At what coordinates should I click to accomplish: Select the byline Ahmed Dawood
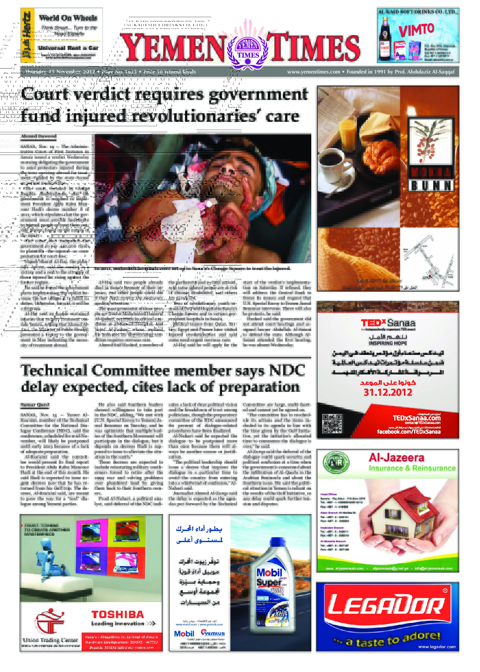pyautogui.click(x=38, y=136)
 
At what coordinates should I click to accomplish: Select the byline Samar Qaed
pyautogui.click(x=35, y=404)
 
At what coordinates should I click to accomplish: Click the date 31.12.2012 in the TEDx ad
pyautogui.click(x=388, y=392)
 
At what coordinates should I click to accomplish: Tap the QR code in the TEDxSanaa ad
pyautogui.click(x=332, y=423)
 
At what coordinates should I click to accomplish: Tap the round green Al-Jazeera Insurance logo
pyautogui.click(x=336, y=463)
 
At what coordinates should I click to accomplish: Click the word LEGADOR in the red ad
pyautogui.click(x=386, y=608)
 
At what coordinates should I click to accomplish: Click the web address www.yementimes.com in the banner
pyautogui.click(x=313, y=72)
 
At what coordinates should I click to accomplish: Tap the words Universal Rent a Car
pyautogui.click(x=68, y=48)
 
